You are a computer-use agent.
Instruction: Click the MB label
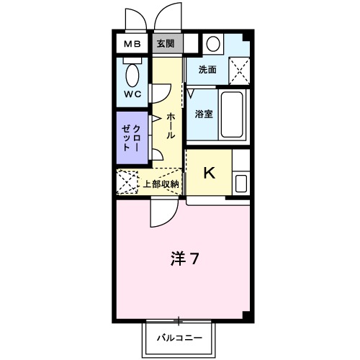[x=132, y=45]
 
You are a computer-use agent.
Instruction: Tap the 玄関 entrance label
[x=166, y=45]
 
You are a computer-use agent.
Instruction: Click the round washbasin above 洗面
[x=212, y=43]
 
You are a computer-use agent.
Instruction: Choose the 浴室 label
[x=203, y=113]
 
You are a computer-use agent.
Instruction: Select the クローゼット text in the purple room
[x=132, y=137]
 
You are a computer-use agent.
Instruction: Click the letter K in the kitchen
[x=210, y=173]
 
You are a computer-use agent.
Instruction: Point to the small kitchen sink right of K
[x=240, y=183]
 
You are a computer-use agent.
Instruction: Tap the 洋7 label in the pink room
[x=184, y=258]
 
